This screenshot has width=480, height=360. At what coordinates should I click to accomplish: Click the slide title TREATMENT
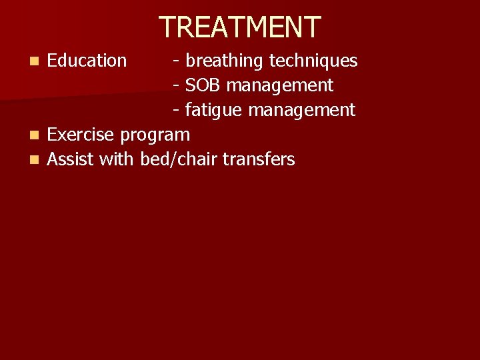(240, 27)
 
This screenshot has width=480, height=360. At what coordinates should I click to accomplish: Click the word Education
(87, 61)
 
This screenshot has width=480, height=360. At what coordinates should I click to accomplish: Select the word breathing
(225, 61)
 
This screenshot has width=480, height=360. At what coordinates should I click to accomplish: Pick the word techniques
(313, 61)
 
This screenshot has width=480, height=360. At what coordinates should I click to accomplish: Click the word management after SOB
(281, 86)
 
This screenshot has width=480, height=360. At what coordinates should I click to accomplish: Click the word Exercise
(81, 135)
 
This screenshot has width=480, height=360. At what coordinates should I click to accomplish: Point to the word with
(117, 159)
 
